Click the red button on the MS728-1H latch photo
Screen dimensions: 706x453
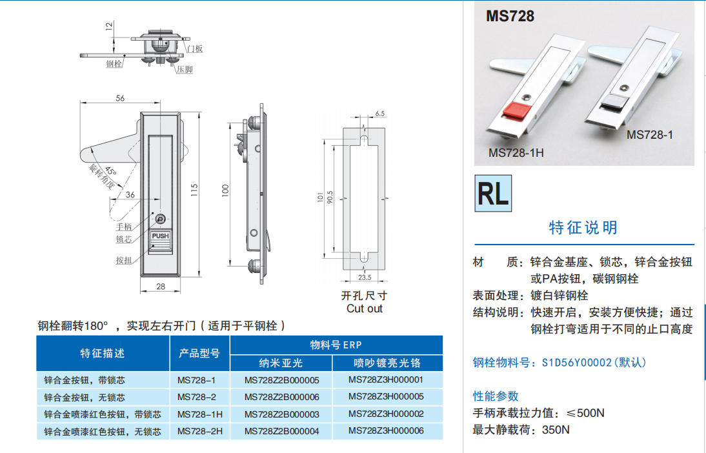pyautogui.click(x=514, y=111)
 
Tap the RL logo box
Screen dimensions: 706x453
pyautogui.click(x=493, y=193)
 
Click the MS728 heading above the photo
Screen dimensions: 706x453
pyautogui.click(x=510, y=16)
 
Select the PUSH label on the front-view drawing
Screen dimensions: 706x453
pyautogui.click(x=160, y=236)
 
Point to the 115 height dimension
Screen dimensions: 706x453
pyautogui.click(x=194, y=190)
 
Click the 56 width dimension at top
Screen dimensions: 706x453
pyautogui.click(x=120, y=98)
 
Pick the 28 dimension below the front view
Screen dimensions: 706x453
pyautogui.click(x=161, y=287)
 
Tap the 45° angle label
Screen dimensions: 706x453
pyautogui.click(x=111, y=171)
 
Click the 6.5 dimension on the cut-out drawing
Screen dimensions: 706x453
pyautogui.click(x=380, y=114)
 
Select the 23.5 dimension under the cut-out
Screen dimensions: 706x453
pyautogui.click(x=365, y=277)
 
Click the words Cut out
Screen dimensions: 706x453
pyautogui.click(x=364, y=309)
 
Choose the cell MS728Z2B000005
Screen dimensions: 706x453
pyautogui.click(x=282, y=381)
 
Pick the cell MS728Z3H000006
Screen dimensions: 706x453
pyautogui.click(x=386, y=431)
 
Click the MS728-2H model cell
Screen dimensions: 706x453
pyautogui.click(x=200, y=432)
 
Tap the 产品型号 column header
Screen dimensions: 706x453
pyautogui.click(x=199, y=354)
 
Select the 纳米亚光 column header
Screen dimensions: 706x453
pyautogui.click(x=281, y=363)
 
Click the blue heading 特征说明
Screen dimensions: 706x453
pyautogui.click(x=583, y=228)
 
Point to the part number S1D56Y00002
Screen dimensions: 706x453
pyautogui.click(x=577, y=363)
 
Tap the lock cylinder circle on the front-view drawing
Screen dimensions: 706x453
pyautogui.click(x=160, y=219)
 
